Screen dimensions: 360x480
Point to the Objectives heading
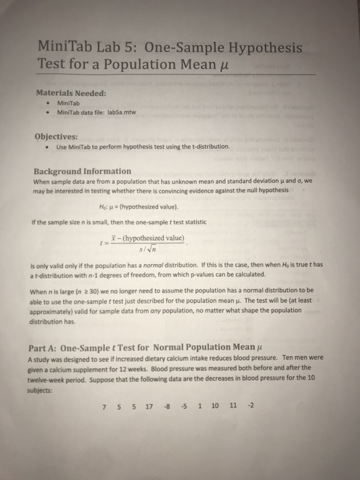point(60,135)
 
